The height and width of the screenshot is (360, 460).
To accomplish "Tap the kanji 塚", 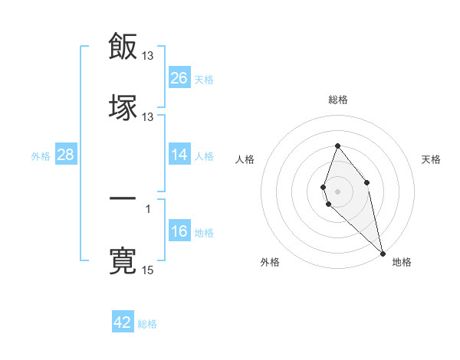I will pyautogui.click(x=123, y=106).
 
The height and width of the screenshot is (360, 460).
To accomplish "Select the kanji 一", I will pyautogui.click(x=123, y=198).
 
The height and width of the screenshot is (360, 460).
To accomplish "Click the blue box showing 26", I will pyautogui.click(x=179, y=77).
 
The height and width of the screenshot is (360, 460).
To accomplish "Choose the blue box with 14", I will pyautogui.click(x=179, y=155).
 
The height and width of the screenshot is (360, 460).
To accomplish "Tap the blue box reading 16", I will pyautogui.click(x=179, y=231).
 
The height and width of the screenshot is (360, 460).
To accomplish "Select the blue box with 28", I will pyautogui.click(x=66, y=155).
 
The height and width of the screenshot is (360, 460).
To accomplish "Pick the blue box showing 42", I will pyautogui.click(x=123, y=322).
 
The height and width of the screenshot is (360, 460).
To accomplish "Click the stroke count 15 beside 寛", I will pyautogui.click(x=148, y=270).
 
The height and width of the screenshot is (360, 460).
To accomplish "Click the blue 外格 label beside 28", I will pyautogui.click(x=41, y=155).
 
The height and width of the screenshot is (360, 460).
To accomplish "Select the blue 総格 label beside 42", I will pyautogui.click(x=147, y=324).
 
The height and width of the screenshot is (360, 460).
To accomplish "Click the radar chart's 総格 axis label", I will pyautogui.click(x=337, y=100).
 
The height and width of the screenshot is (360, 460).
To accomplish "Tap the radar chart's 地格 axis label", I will pyautogui.click(x=402, y=262).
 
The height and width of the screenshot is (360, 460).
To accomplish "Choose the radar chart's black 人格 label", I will pyautogui.click(x=245, y=159).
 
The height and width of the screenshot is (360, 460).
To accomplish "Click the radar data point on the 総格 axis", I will pyautogui.click(x=337, y=146).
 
